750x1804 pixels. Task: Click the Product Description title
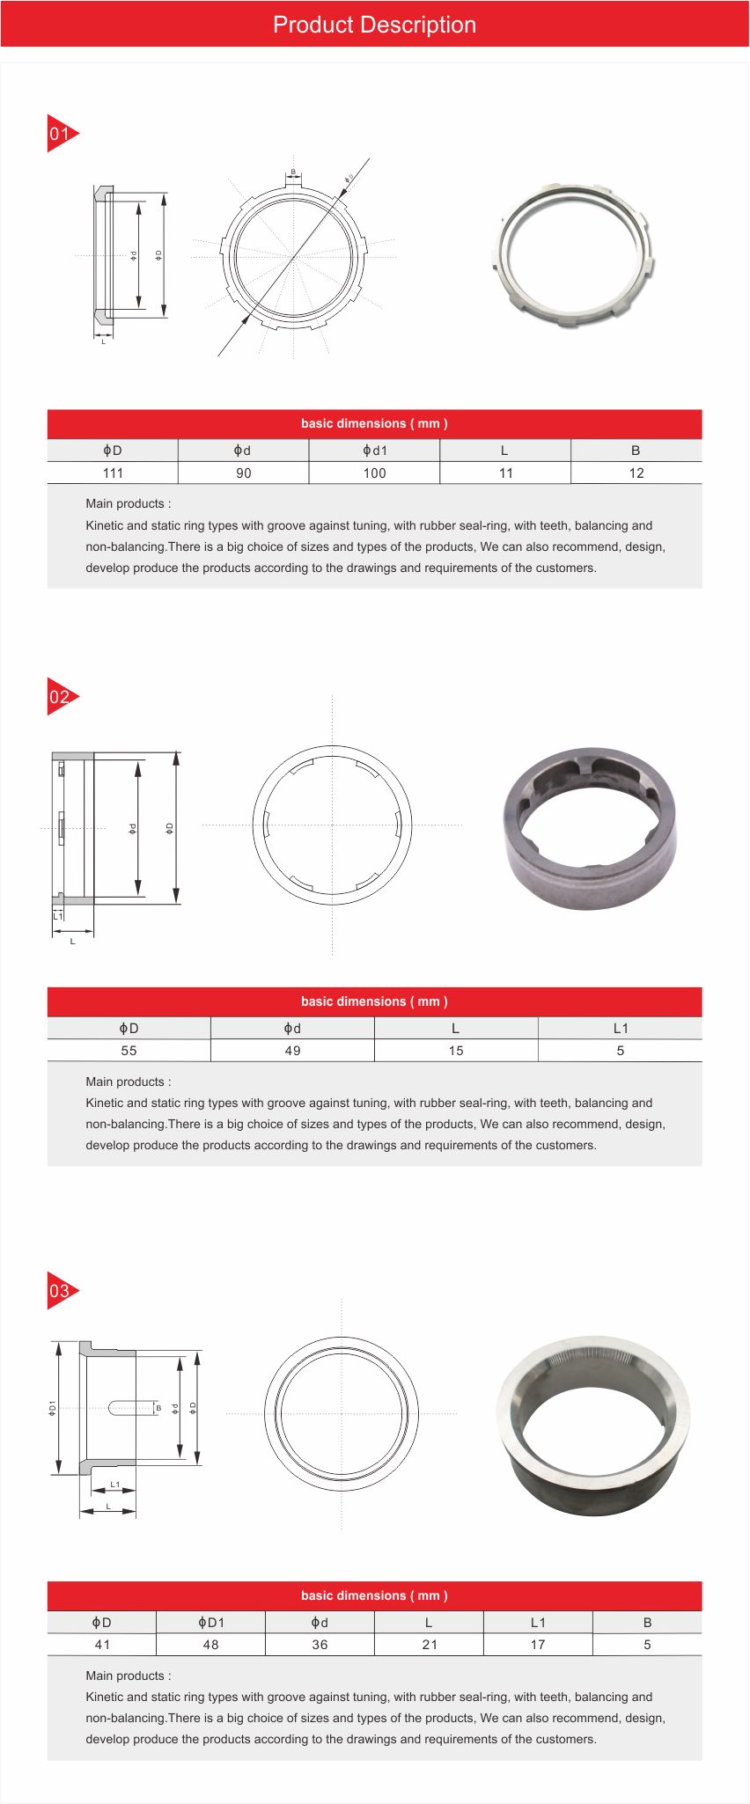[x=374, y=25]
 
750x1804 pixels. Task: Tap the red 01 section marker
[x=61, y=134]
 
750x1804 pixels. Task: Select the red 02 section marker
[x=61, y=697]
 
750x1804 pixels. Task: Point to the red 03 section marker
[x=61, y=1291]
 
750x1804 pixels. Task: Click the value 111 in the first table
[x=113, y=473]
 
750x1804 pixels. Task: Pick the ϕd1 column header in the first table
[x=374, y=451]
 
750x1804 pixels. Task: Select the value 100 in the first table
[x=374, y=473]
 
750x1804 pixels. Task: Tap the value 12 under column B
[x=636, y=473]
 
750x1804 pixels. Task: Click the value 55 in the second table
[x=129, y=1051]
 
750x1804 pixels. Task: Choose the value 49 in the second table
[x=292, y=1051]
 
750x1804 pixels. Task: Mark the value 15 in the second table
[x=456, y=1051]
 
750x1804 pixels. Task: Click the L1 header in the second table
[x=621, y=1028]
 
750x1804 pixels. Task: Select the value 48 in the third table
[x=210, y=1645]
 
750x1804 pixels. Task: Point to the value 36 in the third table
[x=320, y=1645]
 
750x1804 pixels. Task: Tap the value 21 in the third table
[x=429, y=1645]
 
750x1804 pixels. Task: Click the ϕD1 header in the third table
[x=210, y=1622]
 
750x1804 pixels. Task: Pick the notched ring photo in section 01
[x=574, y=255]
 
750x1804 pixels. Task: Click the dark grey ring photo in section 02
[x=590, y=828]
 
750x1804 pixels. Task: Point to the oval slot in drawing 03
[x=132, y=1408]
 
